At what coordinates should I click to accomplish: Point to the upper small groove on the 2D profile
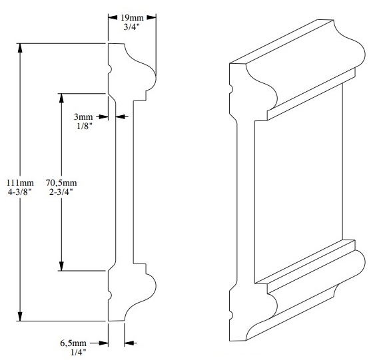(x=110, y=69)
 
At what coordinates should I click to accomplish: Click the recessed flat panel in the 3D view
(x=298, y=186)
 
